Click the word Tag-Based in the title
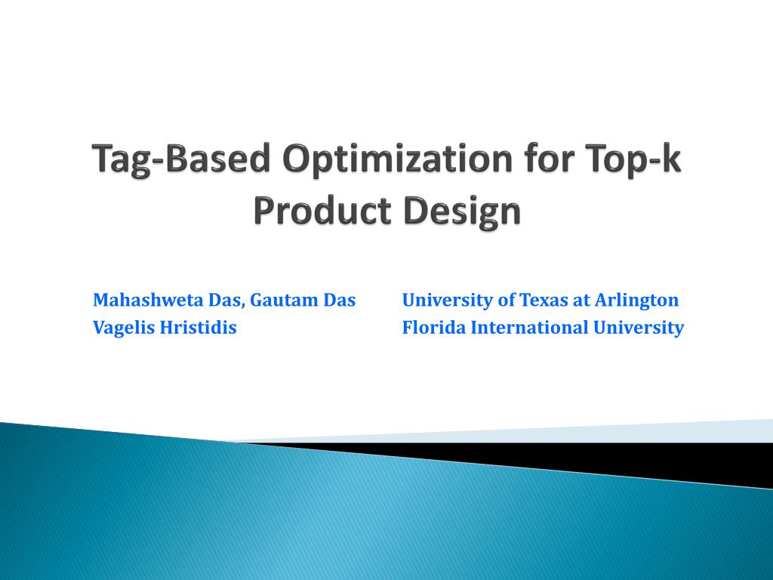(181, 159)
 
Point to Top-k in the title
(633, 159)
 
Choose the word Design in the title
(462, 211)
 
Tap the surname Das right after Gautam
(340, 300)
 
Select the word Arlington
(636, 301)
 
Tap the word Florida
(434, 328)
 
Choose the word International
(529, 328)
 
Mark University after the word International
(639, 328)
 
